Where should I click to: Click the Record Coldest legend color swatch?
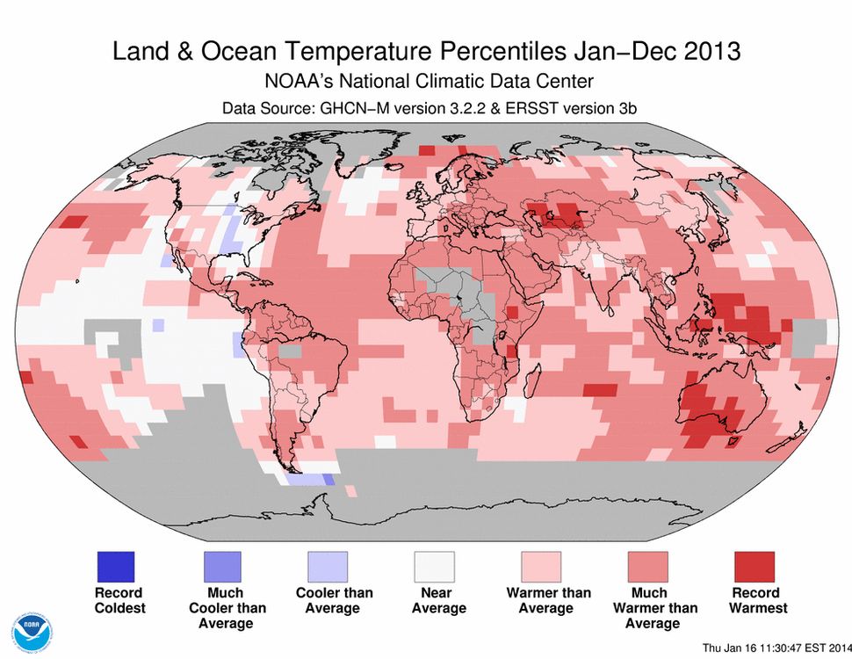tap(116, 567)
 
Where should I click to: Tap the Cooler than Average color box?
tap(329, 567)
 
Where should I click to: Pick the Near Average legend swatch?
tap(435, 567)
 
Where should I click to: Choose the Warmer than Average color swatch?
tap(542, 567)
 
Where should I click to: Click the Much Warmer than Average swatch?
tap(648, 567)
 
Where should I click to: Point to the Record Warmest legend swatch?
tap(755, 567)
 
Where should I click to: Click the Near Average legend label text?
tap(435, 600)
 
